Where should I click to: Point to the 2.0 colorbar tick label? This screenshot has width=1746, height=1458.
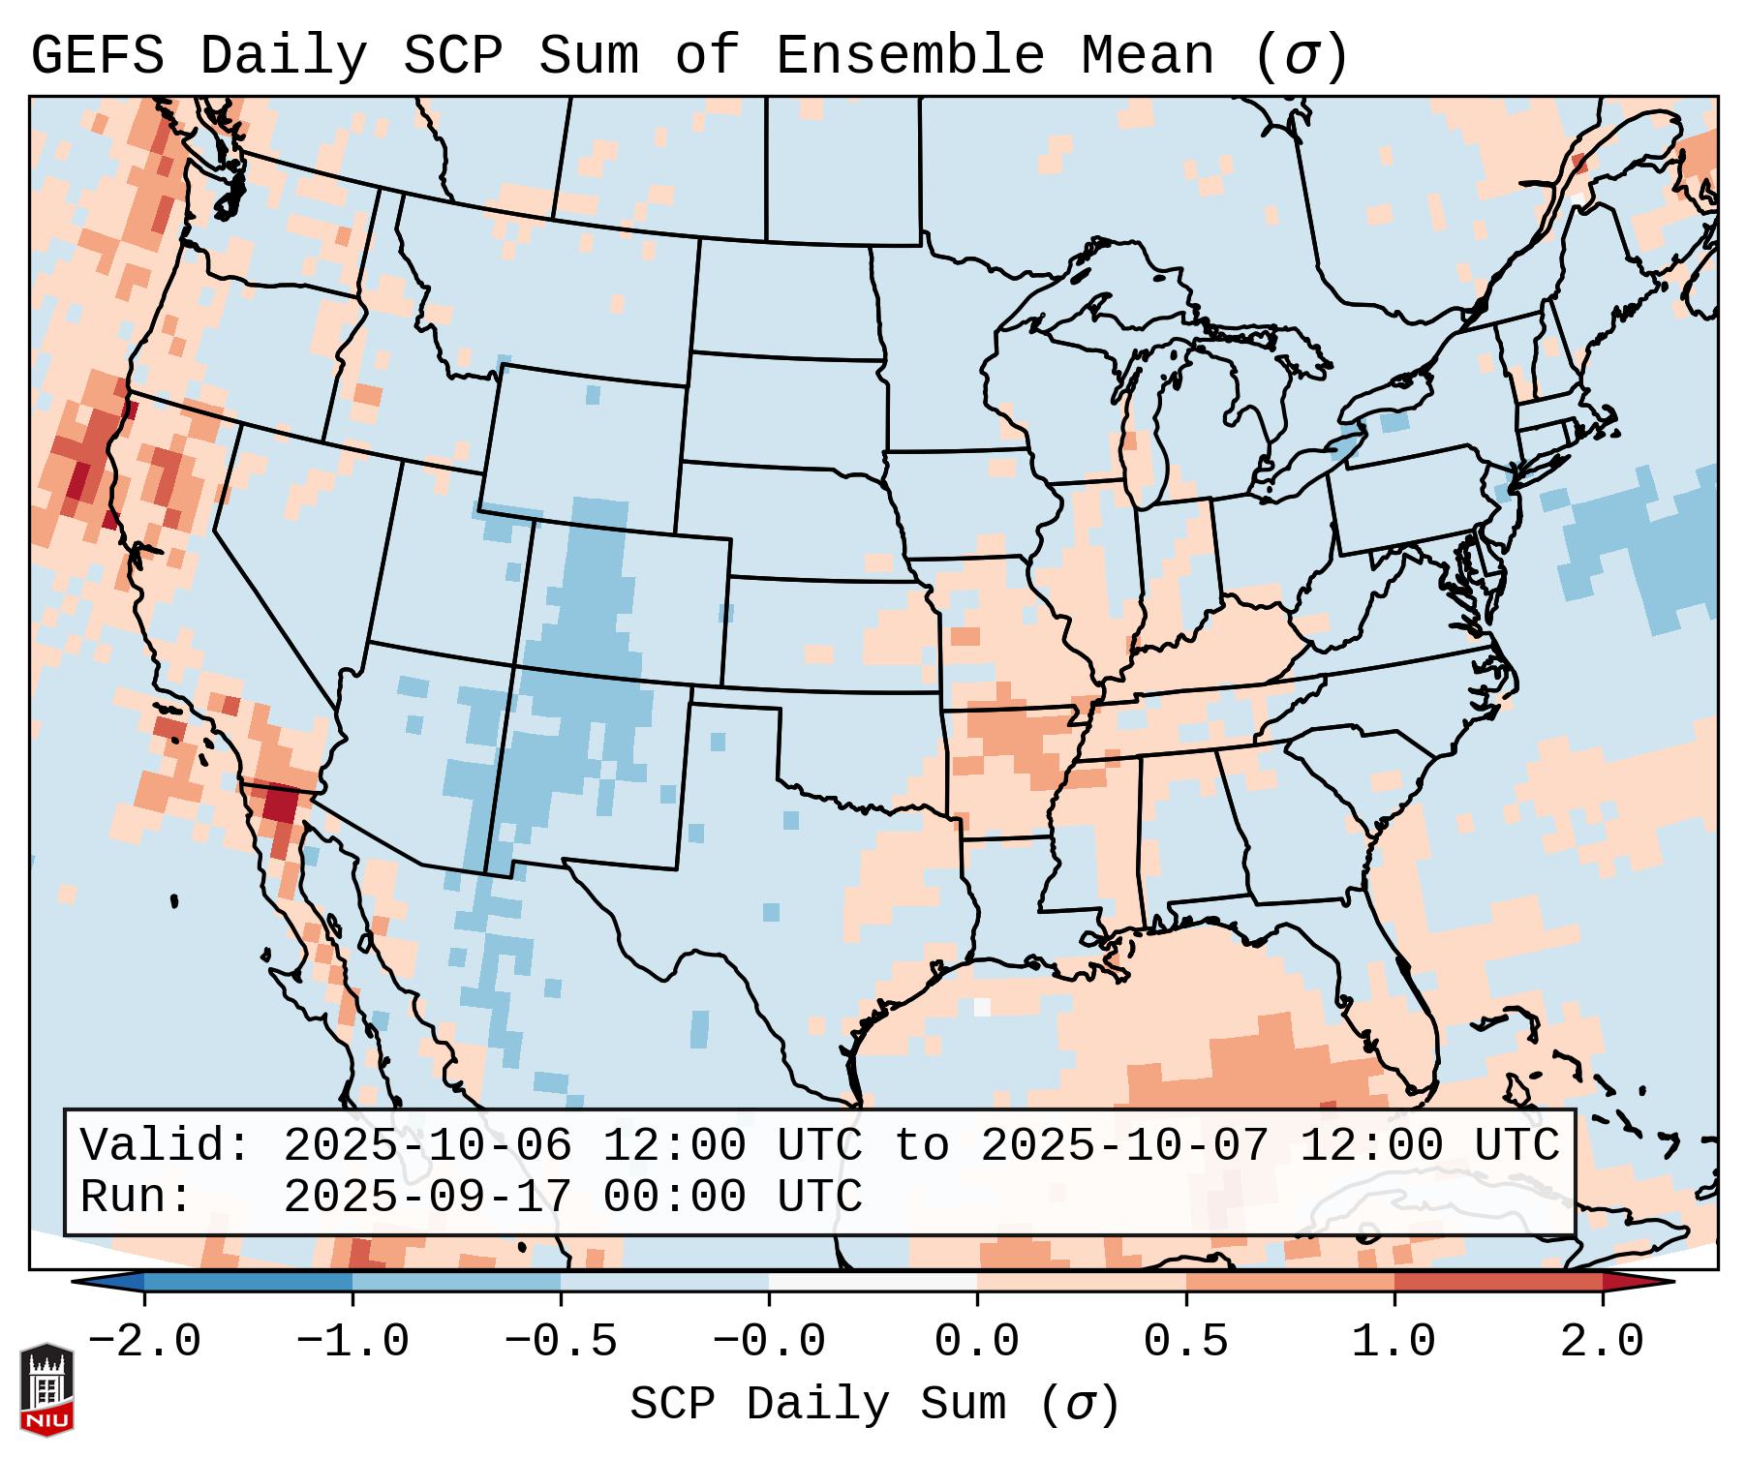(1602, 1342)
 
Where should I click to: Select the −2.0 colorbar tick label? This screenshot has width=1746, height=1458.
(143, 1342)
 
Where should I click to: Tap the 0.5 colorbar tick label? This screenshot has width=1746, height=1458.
(1185, 1342)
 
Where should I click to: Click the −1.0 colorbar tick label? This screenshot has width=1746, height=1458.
(352, 1342)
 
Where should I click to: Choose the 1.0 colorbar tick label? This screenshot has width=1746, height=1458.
(1394, 1342)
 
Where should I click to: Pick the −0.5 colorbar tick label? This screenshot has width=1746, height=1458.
(560, 1342)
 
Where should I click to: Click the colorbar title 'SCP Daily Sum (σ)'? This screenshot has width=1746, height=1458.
(874, 1405)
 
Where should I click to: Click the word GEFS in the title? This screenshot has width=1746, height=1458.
(97, 56)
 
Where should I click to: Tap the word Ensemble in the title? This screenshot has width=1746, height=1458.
(909, 56)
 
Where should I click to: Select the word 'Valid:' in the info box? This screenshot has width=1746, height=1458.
(165, 1145)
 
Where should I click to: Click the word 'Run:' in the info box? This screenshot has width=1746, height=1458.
(136, 1197)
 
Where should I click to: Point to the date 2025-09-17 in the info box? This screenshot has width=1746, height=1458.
(427, 1197)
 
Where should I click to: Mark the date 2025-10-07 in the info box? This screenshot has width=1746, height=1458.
(1124, 1145)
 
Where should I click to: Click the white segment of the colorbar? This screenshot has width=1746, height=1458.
(873, 1282)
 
